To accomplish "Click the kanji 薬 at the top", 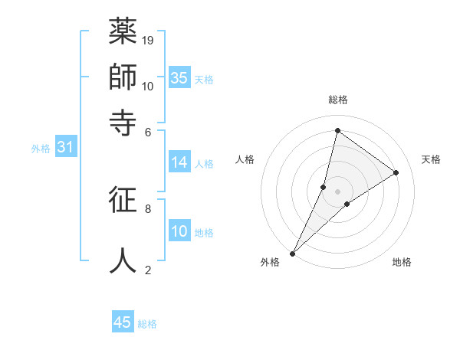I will coord(123,33).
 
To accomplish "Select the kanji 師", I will coord(123,77).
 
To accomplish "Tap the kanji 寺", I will coord(123,122).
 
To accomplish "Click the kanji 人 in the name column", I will coord(123,260).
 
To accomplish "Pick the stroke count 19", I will coord(149,40).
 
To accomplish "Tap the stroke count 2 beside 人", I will coord(148,270).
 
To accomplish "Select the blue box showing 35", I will coord(179,77).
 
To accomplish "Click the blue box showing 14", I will coord(179,162).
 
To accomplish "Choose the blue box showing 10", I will coord(179,231).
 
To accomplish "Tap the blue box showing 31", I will coord(65,147).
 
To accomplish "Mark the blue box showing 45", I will coord(123,322).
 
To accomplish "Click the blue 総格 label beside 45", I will coord(147,324).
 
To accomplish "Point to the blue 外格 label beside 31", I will coord(41,149).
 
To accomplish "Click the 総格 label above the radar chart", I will coord(337,100).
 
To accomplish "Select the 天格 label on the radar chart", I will coord(431,159).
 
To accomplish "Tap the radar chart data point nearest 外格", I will coord(293,253).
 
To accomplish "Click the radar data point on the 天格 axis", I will coord(396,172).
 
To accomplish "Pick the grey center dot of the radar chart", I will coord(337,191).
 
